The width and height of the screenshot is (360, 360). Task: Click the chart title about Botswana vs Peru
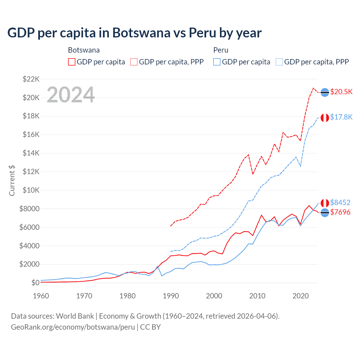[x=134, y=33]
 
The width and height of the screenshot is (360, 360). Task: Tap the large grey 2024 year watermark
[x=71, y=95]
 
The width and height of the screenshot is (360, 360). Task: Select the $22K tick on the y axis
[x=31, y=79]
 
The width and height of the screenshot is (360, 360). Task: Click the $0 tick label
[x=35, y=283]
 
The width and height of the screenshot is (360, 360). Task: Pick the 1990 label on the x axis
[x=171, y=296]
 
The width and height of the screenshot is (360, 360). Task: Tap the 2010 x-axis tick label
[x=257, y=296]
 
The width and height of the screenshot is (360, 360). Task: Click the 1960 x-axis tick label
[x=41, y=296]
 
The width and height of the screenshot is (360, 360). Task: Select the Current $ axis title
[x=12, y=181]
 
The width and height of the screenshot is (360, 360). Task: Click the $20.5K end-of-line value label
[x=341, y=92]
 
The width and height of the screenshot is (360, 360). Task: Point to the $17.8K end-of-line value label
[x=341, y=117]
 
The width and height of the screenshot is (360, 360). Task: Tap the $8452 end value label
[x=340, y=202]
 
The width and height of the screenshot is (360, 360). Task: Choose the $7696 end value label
[x=340, y=212]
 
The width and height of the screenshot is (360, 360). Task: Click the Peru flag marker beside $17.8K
[x=325, y=118]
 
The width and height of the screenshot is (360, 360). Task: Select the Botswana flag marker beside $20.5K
[x=325, y=92]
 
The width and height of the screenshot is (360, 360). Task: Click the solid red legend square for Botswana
[x=72, y=62]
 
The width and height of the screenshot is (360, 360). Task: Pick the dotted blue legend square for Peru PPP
[x=279, y=62]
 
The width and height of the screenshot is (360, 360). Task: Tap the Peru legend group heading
[x=221, y=50]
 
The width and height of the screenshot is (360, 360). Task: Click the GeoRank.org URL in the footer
[x=73, y=327]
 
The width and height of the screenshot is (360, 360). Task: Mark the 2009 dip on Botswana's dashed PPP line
[x=253, y=174]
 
